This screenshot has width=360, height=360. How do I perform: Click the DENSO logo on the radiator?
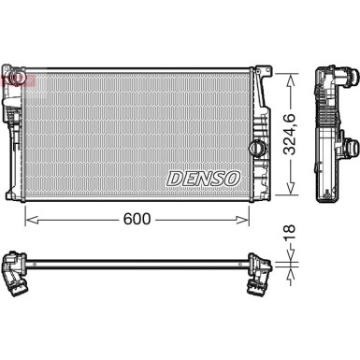pyautogui.click(x=204, y=178)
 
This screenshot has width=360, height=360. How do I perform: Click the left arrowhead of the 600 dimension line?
pyautogui.click(x=28, y=219)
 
